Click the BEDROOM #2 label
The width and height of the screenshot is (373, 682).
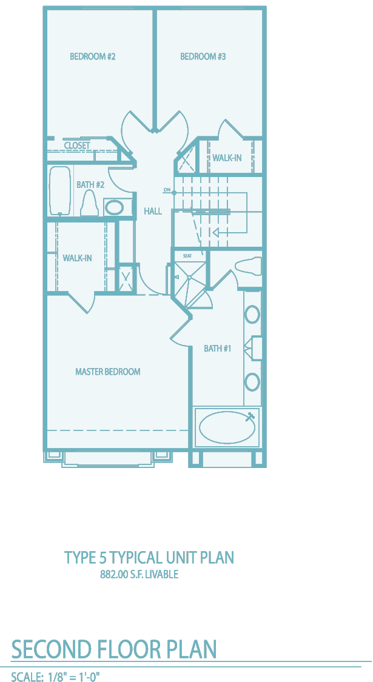pyautogui.click(x=93, y=56)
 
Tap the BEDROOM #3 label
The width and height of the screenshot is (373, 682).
pyautogui.click(x=203, y=56)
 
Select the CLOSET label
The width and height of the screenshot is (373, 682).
pyautogui.click(x=77, y=145)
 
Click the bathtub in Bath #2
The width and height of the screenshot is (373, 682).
pyautogui.click(x=61, y=191)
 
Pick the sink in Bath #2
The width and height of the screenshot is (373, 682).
pyautogui.click(x=115, y=207)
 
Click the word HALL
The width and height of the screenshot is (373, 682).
pyautogui.click(x=153, y=212)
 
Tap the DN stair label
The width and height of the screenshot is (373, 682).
pyautogui.click(x=167, y=190)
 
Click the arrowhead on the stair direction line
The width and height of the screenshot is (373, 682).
pyautogui.click(x=215, y=232)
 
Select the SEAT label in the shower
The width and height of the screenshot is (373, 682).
pyautogui.click(x=187, y=256)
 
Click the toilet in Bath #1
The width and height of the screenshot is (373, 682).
pyautogui.click(x=247, y=265)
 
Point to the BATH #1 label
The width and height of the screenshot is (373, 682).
pyautogui.click(x=217, y=349)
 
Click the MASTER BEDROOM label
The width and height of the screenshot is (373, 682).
pyautogui.click(x=108, y=372)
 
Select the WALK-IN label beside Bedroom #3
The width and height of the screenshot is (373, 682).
pyautogui.click(x=227, y=158)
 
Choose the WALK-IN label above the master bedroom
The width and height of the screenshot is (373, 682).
pyautogui.click(x=77, y=258)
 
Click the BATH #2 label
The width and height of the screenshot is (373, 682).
pyautogui.click(x=90, y=185)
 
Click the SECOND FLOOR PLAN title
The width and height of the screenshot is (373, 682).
pyautogui.click(x=114, y=649)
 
